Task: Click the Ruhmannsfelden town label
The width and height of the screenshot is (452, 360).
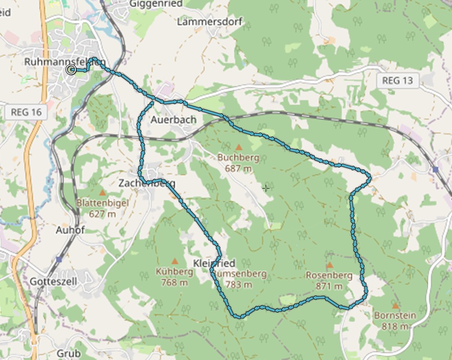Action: [65, 62]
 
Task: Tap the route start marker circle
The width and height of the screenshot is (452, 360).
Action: [71, 70]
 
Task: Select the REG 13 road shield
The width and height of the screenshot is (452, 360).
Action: [397, 81]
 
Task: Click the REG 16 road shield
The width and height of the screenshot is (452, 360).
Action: [27, 113]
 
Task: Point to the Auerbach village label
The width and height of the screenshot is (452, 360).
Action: [173, 120]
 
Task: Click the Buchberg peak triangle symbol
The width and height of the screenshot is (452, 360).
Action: [238, 147]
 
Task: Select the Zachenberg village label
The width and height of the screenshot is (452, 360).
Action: [147, 183]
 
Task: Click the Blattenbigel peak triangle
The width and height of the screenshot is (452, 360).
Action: [102, 192]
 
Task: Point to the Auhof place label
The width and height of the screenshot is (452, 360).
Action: [70, 230]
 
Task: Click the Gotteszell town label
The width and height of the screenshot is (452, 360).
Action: [53, 281]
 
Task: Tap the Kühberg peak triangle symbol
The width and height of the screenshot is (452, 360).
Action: [174, 261]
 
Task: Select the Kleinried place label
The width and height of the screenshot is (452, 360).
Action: [214, 264]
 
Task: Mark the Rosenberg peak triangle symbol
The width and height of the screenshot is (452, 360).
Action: [329, 265]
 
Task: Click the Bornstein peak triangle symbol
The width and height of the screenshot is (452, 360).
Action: [395, 306]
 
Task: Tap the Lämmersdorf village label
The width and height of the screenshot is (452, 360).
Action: [210, 22]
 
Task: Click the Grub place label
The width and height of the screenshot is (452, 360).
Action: [68, 353]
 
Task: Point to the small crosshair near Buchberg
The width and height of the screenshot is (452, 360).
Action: [266, 188]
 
